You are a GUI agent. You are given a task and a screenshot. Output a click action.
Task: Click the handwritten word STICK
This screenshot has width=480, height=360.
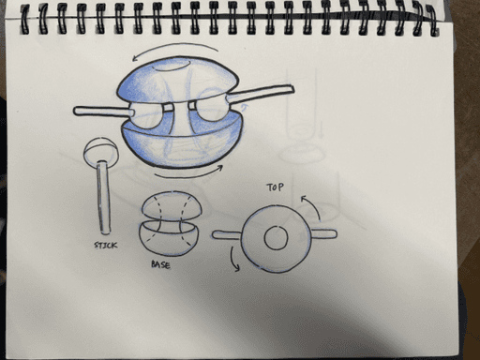106,245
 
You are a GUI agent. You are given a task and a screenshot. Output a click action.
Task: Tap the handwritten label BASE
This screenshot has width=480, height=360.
161,264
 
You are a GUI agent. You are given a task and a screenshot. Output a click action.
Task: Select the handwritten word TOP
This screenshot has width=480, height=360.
275,187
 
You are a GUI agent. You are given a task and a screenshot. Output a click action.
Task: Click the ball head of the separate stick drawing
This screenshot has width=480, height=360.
101,152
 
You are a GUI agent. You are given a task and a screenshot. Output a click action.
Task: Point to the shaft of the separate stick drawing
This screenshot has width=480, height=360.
103,198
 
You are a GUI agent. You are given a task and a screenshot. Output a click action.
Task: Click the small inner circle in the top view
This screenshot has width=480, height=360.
276,237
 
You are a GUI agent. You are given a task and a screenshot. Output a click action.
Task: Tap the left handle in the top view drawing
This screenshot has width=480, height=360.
227,235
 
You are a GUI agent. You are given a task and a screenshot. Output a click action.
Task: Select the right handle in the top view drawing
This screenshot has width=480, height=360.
323,234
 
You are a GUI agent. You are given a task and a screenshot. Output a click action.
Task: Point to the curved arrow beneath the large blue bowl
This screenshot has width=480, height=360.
187,175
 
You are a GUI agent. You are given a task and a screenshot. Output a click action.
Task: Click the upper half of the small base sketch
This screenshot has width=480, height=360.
172,205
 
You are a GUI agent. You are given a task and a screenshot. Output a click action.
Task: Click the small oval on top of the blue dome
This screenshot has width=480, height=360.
172,66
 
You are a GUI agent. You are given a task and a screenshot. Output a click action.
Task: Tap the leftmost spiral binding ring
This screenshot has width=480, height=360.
24,19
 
